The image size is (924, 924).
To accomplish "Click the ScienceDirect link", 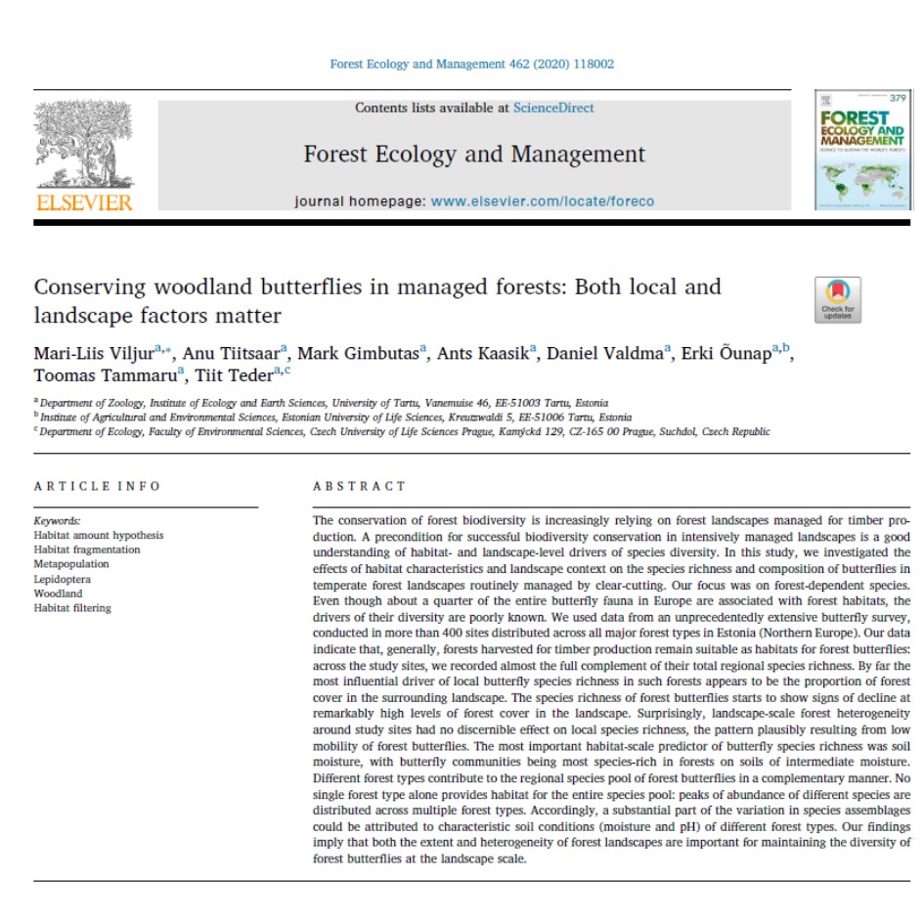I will click(552, 109).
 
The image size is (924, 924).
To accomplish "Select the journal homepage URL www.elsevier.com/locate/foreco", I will click(543, 201).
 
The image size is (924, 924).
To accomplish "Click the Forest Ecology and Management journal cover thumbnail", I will click(857, 150).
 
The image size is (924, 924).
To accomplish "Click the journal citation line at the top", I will click(472, 65).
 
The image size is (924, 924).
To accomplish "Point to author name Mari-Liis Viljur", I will click(93, 353).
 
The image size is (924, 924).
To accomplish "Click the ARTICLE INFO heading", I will click(97, 486).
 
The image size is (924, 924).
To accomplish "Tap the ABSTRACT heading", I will click(359, 486).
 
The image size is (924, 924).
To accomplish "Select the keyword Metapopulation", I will click(71, 564).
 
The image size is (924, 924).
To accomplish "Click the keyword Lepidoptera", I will click(64, 579).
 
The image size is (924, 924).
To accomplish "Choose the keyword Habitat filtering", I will click(72, 608).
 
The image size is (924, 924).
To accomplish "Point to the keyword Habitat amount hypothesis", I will click(99, 535).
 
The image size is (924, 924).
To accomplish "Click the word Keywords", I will click(57, 521).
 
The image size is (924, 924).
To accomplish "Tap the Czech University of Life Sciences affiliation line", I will click(401, 431).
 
